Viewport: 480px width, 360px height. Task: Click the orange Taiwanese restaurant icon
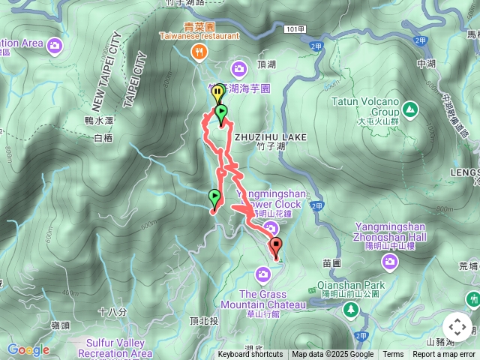point(199,52)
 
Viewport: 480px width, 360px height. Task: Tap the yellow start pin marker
point(217,94)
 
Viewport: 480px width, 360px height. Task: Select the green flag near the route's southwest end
point(214,198)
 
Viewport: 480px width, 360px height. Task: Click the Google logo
point(28,349)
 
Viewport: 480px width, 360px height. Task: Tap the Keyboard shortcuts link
point(250,355)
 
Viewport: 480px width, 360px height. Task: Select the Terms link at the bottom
point(393,355)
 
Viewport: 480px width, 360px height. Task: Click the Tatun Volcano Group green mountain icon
point(410,110)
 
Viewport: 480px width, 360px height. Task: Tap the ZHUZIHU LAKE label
point(270,137)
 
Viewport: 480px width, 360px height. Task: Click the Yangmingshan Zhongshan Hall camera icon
point(389,261)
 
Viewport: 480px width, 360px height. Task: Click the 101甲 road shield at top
point(295,28)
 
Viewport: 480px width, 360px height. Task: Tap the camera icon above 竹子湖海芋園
point(239,70)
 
